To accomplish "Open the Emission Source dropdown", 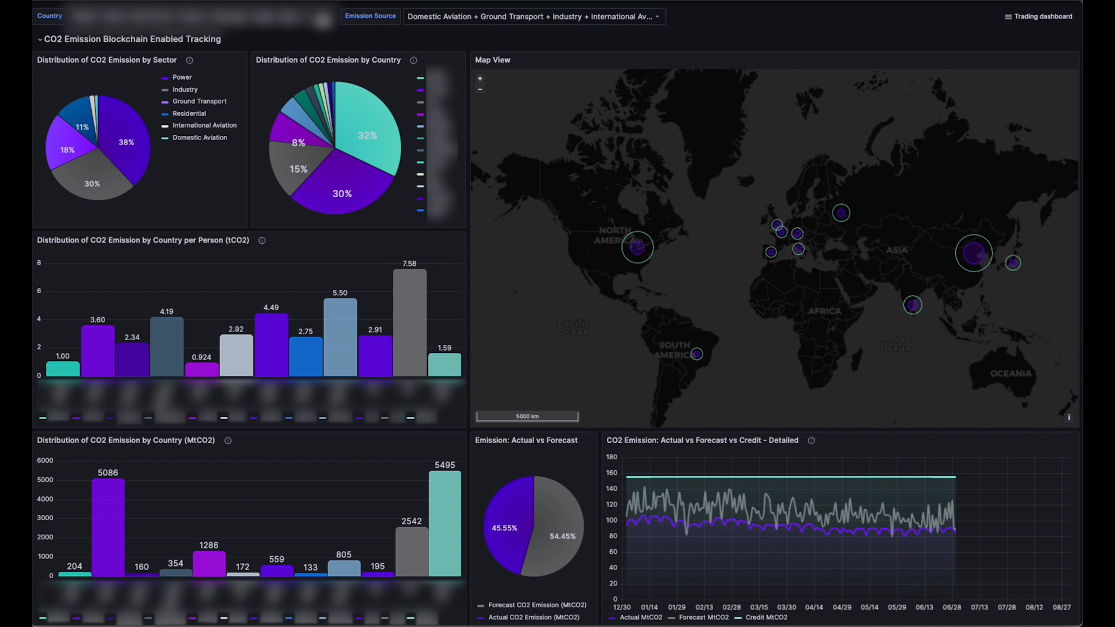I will [x=533, y=16].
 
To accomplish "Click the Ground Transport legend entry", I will [x=199, y=101].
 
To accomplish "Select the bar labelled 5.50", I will [x=340, y=337].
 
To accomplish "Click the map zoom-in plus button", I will [x=480, y=78].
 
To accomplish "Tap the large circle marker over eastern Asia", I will [x=973, y=253].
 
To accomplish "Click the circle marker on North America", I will [x=637, y=247].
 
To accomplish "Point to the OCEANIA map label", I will [x=1010, y=373].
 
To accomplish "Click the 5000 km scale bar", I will [x=527, y=416].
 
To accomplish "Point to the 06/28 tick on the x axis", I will [x=951, y=607].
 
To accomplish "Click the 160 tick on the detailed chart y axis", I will [x=612, y=473].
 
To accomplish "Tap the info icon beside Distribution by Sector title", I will [x=189, y=60].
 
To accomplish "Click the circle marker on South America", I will [x=696, y=354].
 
